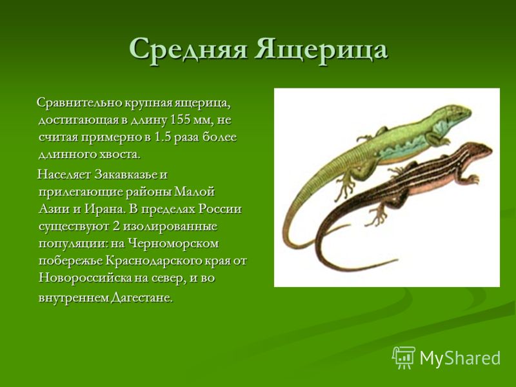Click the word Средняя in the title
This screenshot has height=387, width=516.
(x=188, y=50)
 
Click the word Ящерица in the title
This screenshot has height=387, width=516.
(x=321, y=50)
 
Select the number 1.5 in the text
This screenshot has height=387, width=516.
(x=163, y=137)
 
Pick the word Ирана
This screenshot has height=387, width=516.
(x=105, y=209)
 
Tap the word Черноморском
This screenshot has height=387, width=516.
(x=173, y=244)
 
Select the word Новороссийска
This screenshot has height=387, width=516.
(x=84, y=278)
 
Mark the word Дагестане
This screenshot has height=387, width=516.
(x=142, y=298)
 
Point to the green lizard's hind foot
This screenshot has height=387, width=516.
(x=346, y=188)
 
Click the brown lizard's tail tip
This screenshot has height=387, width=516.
(x=396, y=260)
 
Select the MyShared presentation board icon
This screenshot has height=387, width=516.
(x=404, y=357)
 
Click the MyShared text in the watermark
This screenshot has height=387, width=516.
(x=460, y=358)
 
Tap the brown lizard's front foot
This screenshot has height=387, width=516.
(x=473, y=179)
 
